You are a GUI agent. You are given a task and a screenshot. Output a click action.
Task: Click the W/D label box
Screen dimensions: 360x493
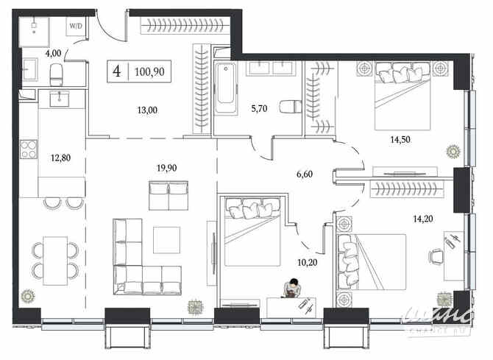coord(75,26)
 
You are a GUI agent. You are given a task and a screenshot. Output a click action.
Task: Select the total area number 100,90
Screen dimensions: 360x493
coord(150,72)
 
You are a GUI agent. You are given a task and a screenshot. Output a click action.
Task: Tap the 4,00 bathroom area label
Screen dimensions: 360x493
coord(53,53)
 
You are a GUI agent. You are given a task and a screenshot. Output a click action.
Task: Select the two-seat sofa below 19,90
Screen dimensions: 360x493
coord(169,196)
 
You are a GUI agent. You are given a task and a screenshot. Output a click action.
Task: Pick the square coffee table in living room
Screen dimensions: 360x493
coord(166,239)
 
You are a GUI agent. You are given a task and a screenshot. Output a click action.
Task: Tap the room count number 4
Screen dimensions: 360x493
coord(116,72)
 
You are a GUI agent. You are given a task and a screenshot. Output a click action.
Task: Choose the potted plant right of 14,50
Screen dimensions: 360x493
coord(452,152)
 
